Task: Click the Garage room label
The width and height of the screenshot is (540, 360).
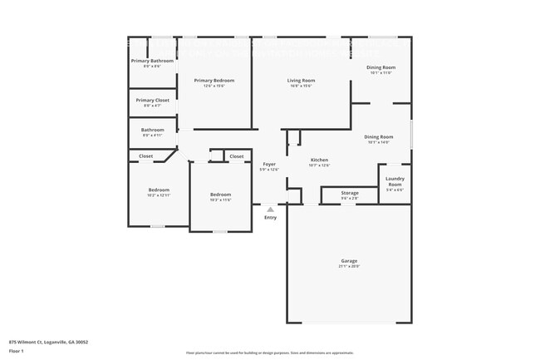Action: [349, 260]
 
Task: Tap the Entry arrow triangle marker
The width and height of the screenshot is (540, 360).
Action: [270, 209]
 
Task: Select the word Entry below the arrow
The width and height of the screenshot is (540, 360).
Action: [270, 217]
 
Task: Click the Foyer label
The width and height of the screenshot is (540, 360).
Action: [270, 164]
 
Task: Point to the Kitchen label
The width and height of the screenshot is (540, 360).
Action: [319, 160]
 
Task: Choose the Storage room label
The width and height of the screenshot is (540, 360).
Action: [350, 193]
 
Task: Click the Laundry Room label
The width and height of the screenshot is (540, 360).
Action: [395, 181]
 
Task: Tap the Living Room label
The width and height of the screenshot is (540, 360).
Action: [300, 80]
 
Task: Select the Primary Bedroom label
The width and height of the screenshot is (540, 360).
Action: [214, 80]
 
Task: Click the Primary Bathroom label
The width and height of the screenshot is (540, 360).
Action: [152, 61]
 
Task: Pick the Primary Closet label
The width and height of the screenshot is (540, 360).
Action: [152, 100]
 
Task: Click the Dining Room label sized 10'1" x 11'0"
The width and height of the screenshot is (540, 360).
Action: [380, 67]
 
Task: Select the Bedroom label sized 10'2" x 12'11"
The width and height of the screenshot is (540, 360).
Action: [159, 190]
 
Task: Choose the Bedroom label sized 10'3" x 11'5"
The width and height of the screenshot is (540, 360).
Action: [220, 194]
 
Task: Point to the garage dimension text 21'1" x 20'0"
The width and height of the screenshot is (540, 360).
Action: [349, 266]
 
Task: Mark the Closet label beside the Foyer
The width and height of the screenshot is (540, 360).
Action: [237, 156]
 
